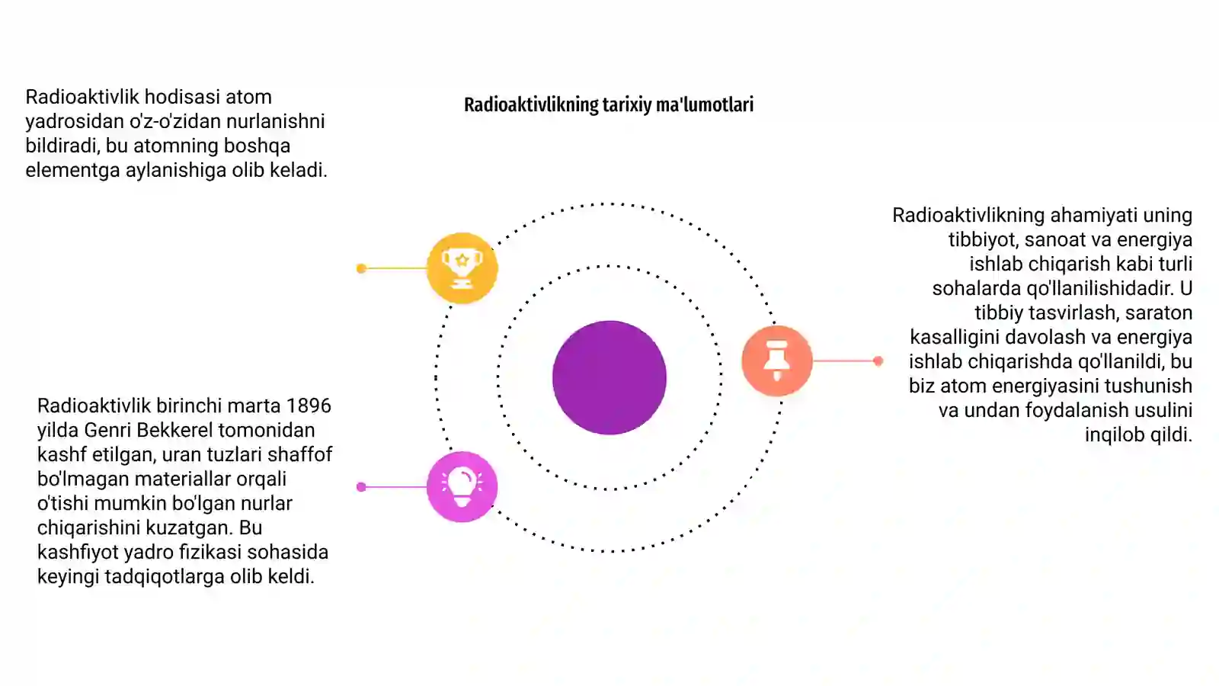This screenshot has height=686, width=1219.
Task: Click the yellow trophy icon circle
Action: click(462, 268)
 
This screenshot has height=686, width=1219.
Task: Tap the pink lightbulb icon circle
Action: click(462, 487)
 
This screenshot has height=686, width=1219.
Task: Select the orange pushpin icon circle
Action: click(777, 361)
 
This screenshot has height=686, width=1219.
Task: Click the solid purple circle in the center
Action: click(609, 377)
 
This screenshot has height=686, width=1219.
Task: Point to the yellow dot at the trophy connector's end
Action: click(361, 268)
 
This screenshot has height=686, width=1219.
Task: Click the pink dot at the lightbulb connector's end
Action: click(361, 487)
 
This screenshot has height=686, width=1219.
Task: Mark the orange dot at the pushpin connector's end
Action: click(878, 361)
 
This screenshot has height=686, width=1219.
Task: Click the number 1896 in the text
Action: click(309, 406)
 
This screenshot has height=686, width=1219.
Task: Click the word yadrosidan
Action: click(75, 122)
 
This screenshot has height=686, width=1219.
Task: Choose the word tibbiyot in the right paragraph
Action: click(984, 240)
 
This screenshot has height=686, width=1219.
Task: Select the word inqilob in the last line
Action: click(1109, 435)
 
